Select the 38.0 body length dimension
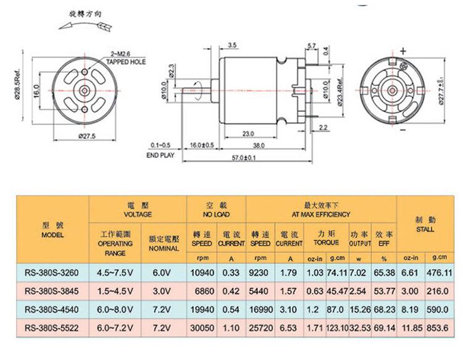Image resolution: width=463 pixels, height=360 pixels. pyautogui.click(x=259, y=146)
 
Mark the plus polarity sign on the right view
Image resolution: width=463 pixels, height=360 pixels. pyautogui.click(x=404, y=51)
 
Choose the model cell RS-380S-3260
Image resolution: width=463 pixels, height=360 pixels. pyautogui.click(x=52, y=272)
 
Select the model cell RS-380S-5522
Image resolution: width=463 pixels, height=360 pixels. pyautogui.click(x=52, y=328)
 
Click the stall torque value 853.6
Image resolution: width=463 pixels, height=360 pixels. pyautogui.click(x=439, y=328)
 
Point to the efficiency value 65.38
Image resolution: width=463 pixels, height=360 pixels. pyautogui.click(x=383, y=272)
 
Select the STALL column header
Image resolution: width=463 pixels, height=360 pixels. pyautogui.click(x=425, y=224)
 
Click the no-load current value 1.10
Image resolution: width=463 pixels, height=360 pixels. pyautogui.click(x=231, y=328)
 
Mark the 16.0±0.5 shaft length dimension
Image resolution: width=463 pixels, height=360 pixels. pyautogui.click(x=202, y=146)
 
